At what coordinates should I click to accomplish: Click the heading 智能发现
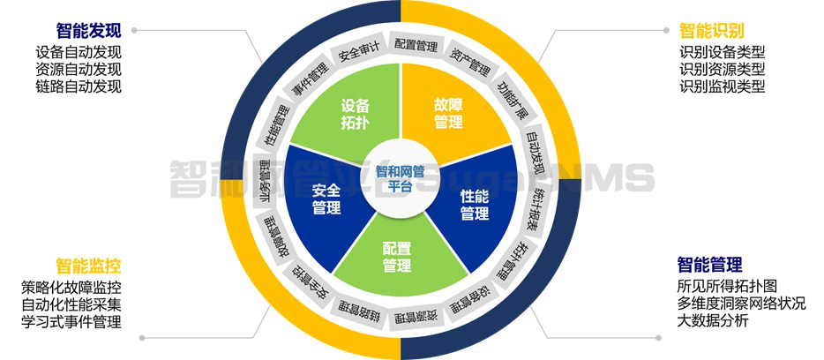click(x=89, y=29)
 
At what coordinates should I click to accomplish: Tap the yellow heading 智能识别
click(x=710, y=29)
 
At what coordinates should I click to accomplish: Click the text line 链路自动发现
click(x=79, y=86)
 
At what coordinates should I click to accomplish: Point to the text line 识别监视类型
click(x=723, y=86)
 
